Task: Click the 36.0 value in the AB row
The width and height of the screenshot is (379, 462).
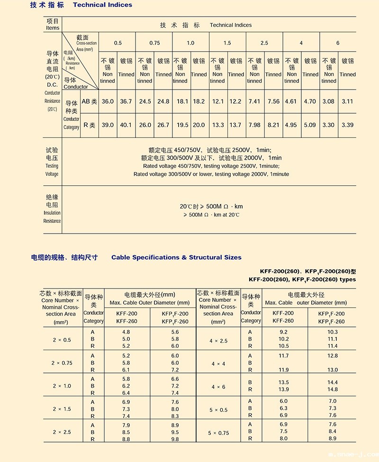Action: [x=108, y=102]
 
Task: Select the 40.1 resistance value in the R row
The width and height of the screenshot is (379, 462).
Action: [x=126, y=125]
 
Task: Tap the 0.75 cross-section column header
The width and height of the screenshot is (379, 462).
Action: [x=154, y=43]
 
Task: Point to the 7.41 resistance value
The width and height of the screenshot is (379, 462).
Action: [x=254, y=102]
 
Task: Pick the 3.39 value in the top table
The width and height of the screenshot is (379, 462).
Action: [x=347, y=125]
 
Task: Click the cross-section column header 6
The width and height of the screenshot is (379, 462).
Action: [x=338, y=43]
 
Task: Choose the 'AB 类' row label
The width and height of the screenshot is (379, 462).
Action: [x=89, y=102]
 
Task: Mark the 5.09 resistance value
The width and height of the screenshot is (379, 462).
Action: [x=310, y=125]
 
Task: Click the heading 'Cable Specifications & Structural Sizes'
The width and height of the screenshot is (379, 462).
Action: [x=176, y=257]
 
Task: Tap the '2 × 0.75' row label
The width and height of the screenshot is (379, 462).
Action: [x=62, y=363]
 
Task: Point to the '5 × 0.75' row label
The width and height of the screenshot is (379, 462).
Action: [x=218, y=433]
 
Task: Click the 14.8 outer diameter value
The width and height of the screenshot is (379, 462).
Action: [x=333, y=390]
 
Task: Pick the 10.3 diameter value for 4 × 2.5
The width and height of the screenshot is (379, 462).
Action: [x=333, y=332]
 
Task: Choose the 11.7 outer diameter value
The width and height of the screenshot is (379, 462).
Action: [x=284, y=355]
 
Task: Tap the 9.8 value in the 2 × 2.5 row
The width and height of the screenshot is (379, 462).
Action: [x=175, y=439]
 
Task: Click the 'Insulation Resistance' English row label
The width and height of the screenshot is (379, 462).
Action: [x=52, y=217]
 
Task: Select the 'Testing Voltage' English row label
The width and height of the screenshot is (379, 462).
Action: [x=52, y=170]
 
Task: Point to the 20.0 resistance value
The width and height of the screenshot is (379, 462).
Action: [x=199, y=125]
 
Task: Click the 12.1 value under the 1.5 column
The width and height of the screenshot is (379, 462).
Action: [x=217, y=102]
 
